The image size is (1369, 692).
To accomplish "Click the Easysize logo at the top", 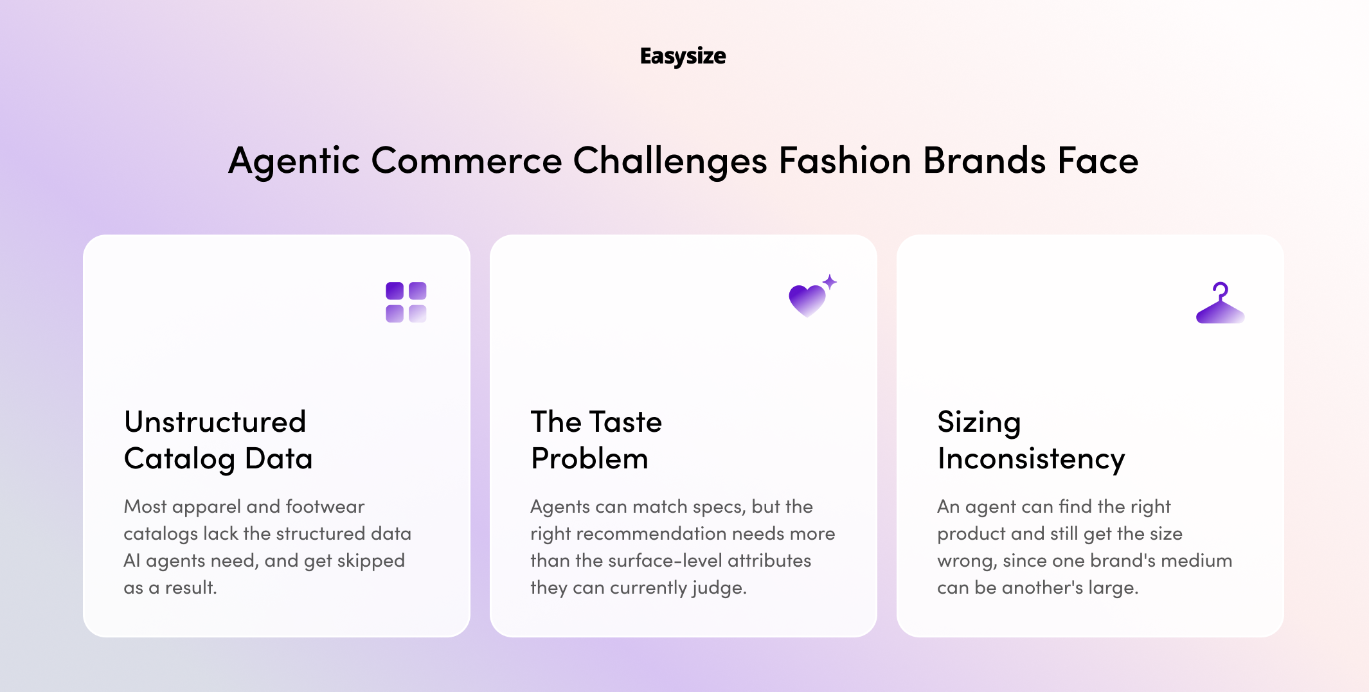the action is (x=683, y=57).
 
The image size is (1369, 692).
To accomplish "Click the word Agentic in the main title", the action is (x=294, y=161).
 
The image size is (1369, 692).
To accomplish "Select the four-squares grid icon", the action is (x=406, y=302).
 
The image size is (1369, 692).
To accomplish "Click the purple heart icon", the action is (x=807, y=300).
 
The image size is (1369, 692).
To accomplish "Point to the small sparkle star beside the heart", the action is (x=830, y=281).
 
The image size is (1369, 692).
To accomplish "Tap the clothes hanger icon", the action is (x=1220, y=303).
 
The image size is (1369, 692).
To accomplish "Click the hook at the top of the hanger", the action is (x=1221, y=290).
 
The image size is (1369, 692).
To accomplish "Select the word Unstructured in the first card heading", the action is (x=215, y=422).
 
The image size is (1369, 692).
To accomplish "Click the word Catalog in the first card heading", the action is (x=180, y=459).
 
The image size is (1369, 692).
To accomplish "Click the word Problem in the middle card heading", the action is (x=589, y=459).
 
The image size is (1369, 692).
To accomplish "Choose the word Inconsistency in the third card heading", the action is (x=1031, y=459).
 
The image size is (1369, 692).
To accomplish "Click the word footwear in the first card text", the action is (x=325, y=506).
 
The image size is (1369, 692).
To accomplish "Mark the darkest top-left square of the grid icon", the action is (x=395, y=290).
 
